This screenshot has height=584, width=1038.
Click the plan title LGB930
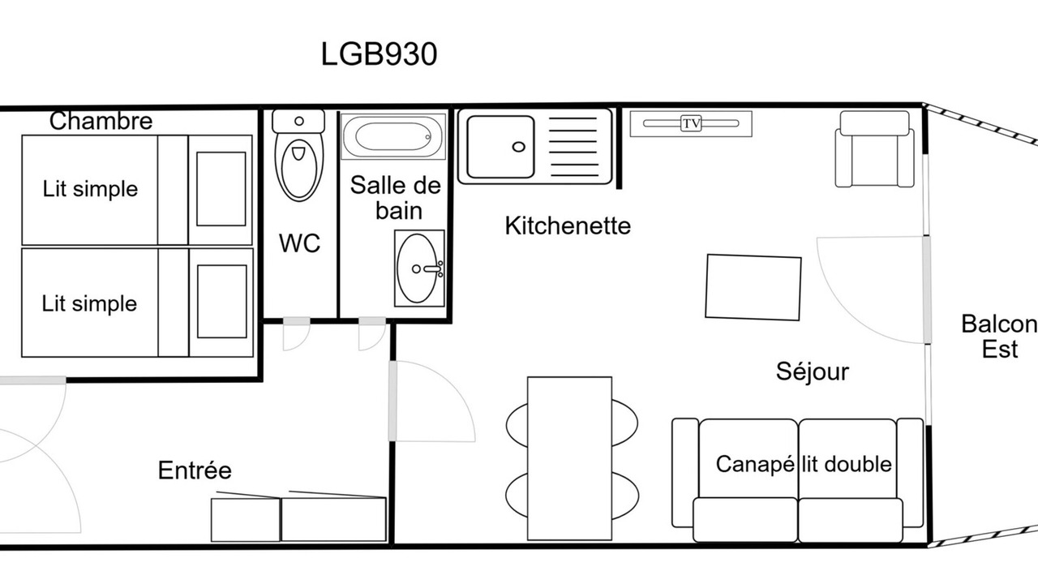[379, 54]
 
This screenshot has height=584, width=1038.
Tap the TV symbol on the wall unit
[691, 123]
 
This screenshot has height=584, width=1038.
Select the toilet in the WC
[299, 156]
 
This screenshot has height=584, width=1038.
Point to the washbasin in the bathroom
[419, 268]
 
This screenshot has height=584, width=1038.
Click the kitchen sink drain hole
[518, 148]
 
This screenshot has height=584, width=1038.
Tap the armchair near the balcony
[874, 149]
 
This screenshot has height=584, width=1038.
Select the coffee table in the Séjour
[753, 287]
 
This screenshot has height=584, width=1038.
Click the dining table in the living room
[569, 458]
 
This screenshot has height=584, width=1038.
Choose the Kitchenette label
[568, 226]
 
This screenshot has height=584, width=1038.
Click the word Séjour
[813, 371]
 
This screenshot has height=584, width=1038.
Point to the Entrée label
[195, 470]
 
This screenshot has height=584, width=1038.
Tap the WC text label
[299, 243]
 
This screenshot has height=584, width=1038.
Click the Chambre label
[101, 122]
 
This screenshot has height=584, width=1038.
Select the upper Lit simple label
[90, 189]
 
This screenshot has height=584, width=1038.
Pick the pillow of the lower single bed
[222, 302]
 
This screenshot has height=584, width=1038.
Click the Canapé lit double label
[804, 464]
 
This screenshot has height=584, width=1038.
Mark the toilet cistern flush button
[299, 122]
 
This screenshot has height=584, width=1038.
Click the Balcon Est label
[999, 337]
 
